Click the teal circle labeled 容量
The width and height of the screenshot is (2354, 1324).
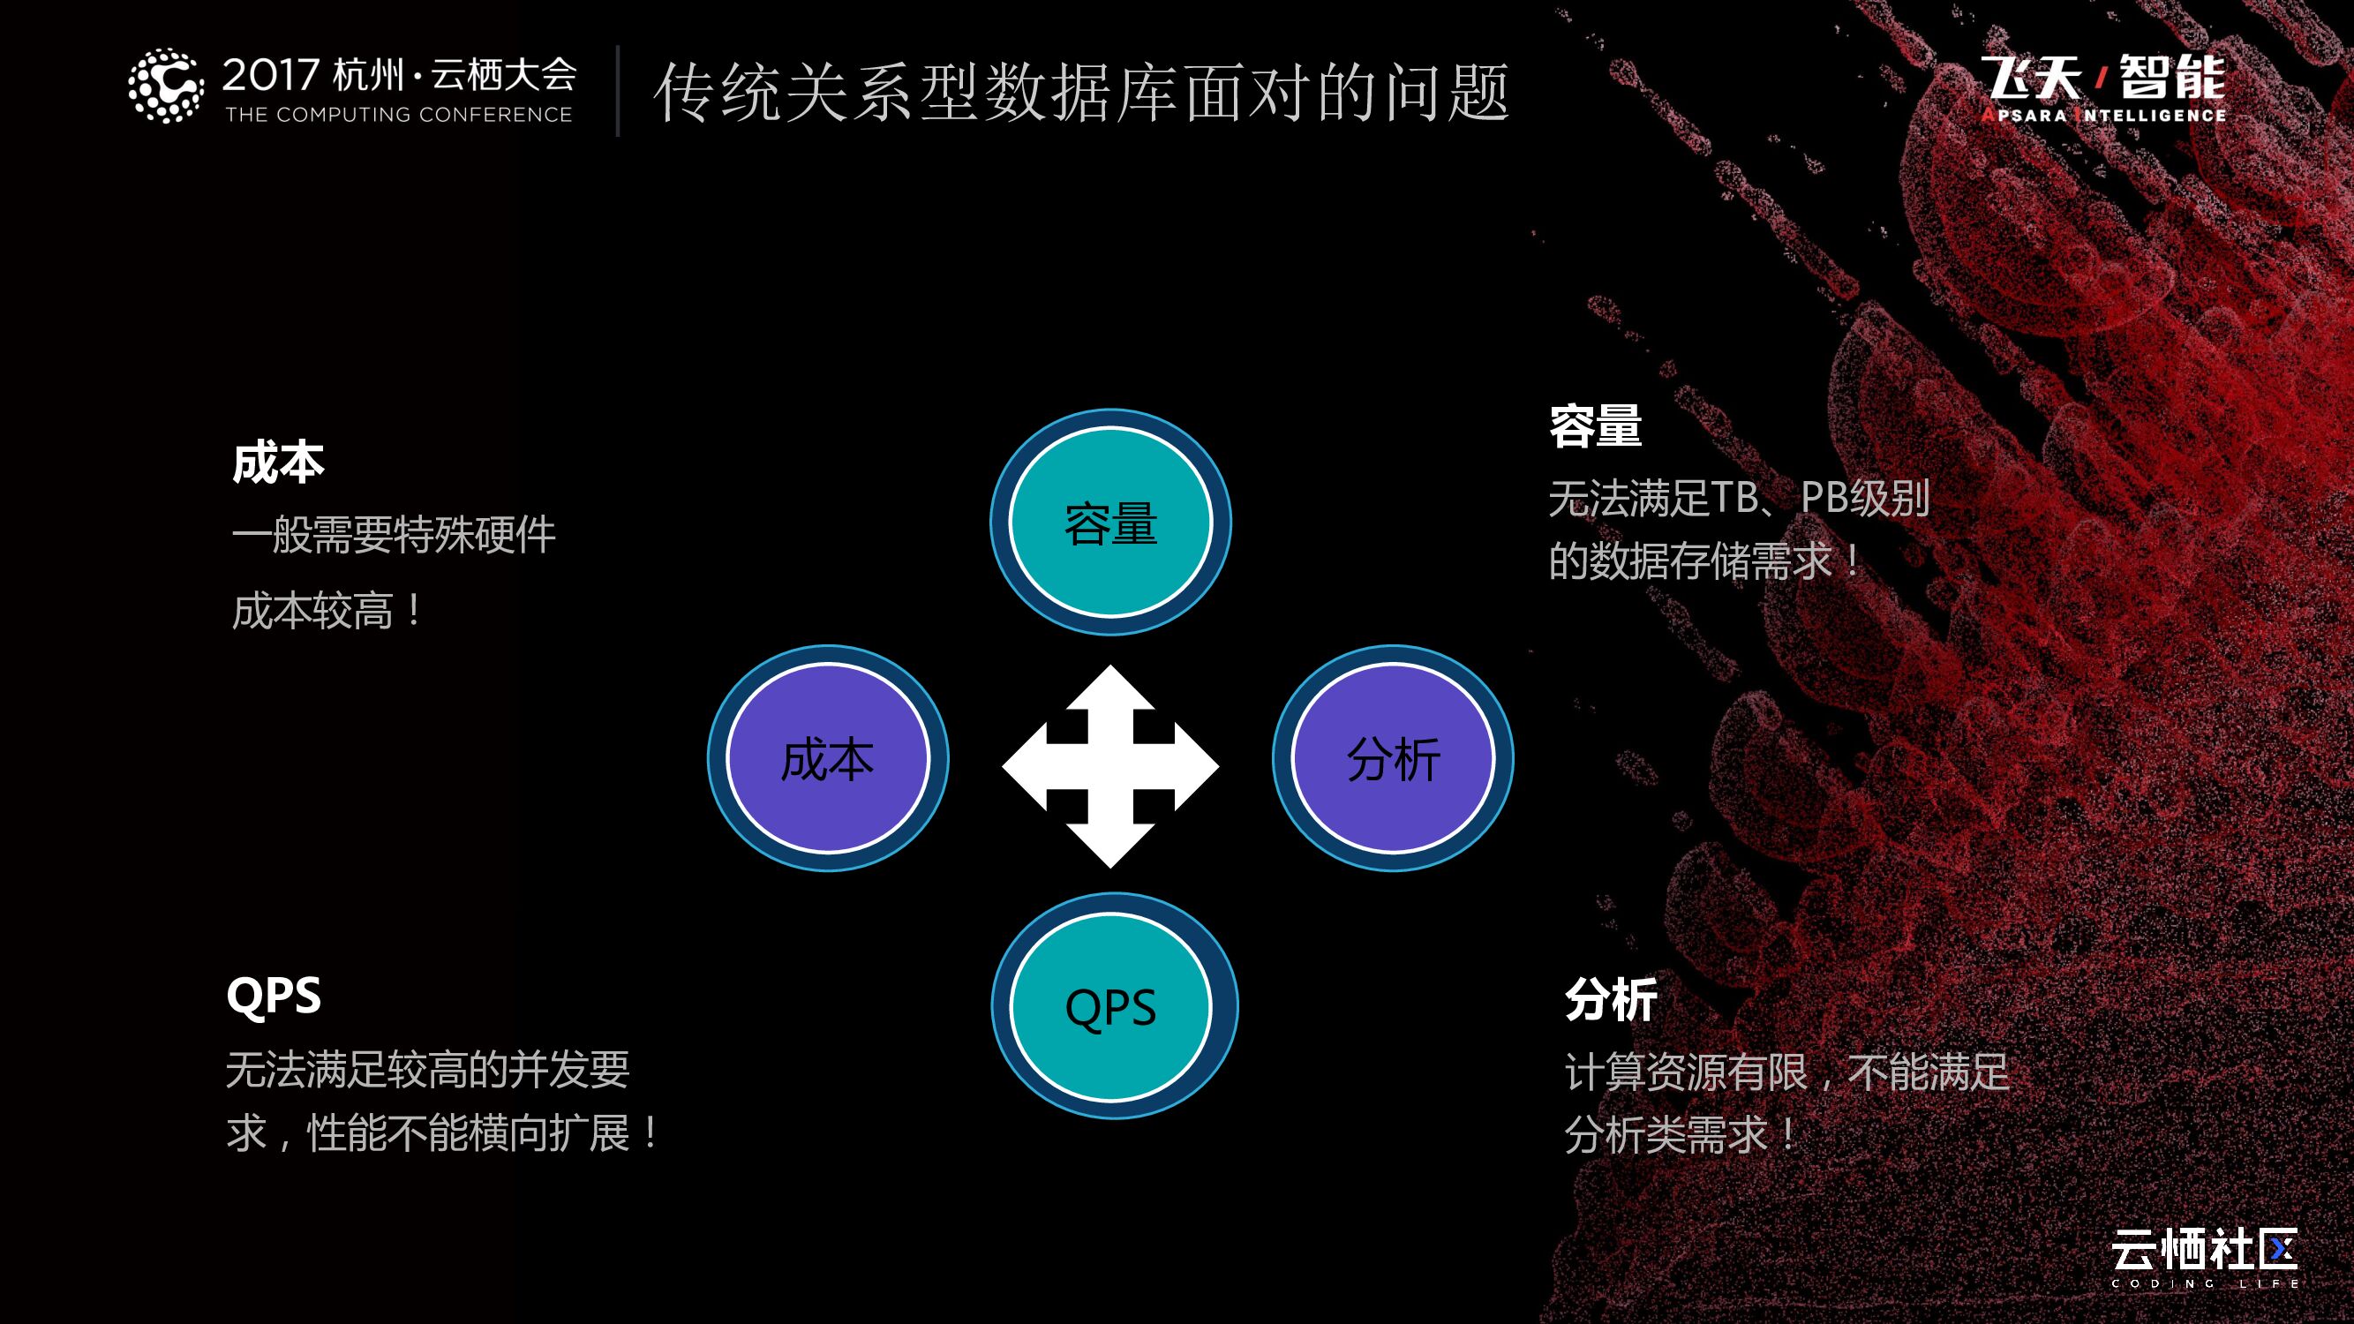(x=1110, y=523)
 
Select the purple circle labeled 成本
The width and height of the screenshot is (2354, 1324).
(x=828, y=758)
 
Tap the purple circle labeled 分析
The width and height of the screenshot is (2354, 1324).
(x=1393, y=758)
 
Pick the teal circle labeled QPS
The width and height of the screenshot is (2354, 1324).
(x=1113, y=1007)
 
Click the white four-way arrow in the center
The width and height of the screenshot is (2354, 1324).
(x=1110, y=765)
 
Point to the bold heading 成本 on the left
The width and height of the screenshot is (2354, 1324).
(x=278, y=463)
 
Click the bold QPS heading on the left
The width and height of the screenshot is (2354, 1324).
(x=274, y=995)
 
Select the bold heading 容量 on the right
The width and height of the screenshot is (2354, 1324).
(x=1596, y=426)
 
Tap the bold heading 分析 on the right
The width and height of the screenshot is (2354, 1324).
(x=1611, y=1000)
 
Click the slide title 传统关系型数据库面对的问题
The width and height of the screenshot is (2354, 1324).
(x=1081, y=93)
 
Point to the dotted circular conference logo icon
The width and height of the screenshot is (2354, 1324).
(x=165, y=86)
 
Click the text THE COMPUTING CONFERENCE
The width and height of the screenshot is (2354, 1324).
(x=398, y=115)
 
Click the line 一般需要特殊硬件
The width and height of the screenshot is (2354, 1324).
(x=394, y=536)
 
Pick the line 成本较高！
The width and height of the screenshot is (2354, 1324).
(x=327, y=611)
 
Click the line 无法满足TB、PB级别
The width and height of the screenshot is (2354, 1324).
(x=1738, y=499)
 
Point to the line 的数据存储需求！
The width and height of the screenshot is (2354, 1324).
(x=1704, y=561)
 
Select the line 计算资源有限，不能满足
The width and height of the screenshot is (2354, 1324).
(x=1786, y=1072)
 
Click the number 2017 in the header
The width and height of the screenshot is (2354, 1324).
(x=270, y=75)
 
